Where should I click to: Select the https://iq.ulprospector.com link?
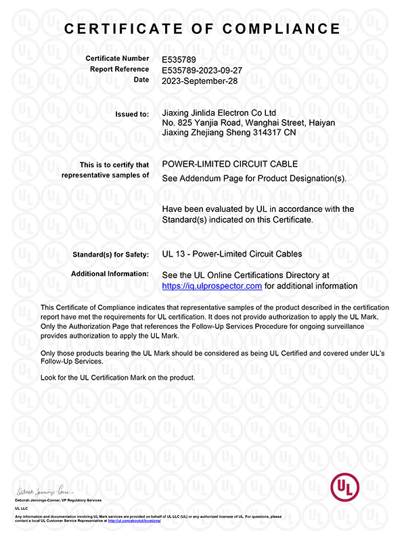pyautogui.click(x=212, y=286)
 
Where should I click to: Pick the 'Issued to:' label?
pyautogui.click(x=132, y=114)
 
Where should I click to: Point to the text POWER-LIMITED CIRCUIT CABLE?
pyautogui.click(x=230, y=164)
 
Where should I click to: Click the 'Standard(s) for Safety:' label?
pyautogui.click(x=110, y=255)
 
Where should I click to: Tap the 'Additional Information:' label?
pyautogui.click(x=110, y=273)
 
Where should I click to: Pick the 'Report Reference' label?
pyautogui.click(x=119, y=69)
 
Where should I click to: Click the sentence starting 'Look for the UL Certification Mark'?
pyautogui.click(x=118, y=377)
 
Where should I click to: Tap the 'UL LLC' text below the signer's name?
pyautogui.click(x=22, y=507)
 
